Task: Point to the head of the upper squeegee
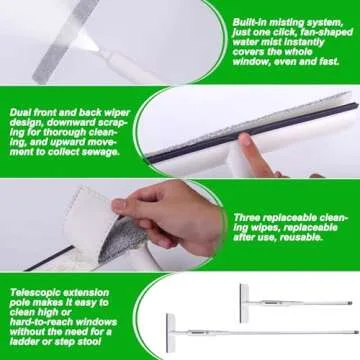tap(244, 297)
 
